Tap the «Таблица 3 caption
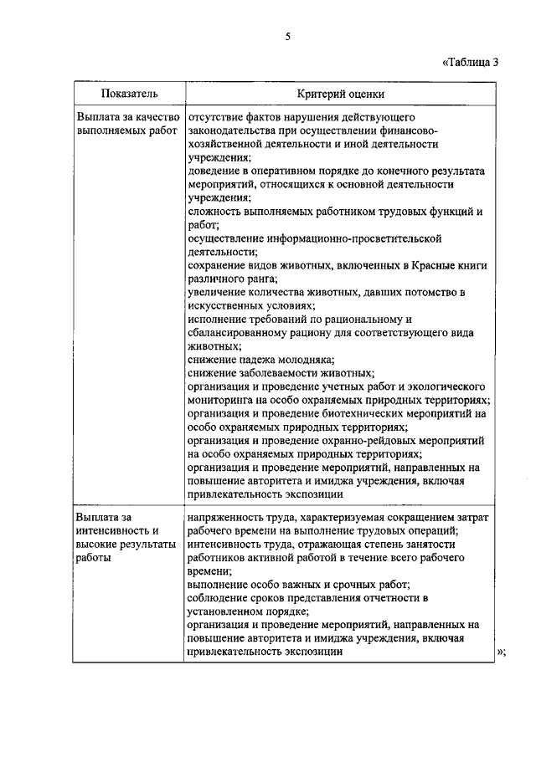474,61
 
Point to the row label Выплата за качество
126,119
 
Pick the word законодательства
234,131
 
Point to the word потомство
423,292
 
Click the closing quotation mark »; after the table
502,652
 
